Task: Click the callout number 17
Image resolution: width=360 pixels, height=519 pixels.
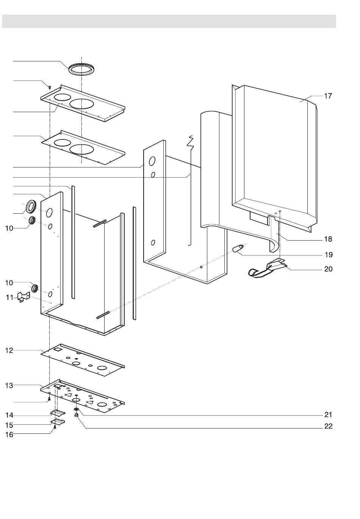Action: pos(328,96)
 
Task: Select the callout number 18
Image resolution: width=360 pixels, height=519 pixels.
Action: pos(328,239)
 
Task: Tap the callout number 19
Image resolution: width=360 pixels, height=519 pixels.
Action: pos(328,254)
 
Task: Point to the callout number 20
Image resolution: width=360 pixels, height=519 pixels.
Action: pos(328,269)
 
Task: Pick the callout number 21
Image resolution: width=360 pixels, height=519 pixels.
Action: pos(328,415)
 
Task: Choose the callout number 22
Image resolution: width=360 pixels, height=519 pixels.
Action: pos(328,426)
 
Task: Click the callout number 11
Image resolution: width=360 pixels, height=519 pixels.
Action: pos(9,298)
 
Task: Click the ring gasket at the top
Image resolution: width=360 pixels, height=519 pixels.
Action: pos(81,69)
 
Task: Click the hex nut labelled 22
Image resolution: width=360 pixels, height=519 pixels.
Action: pos(77,415)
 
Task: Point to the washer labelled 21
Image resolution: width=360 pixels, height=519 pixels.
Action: pos(77,410)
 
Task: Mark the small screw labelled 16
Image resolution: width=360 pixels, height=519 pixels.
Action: pos(55,427)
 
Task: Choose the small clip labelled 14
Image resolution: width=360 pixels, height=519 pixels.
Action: pos(58,412)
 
